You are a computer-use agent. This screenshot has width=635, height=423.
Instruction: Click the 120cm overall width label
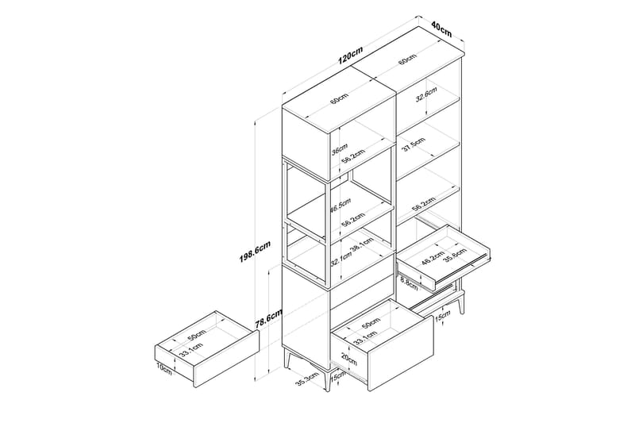[x=350, y=57]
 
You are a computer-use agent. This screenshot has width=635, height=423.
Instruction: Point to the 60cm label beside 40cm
[x=407, y=61]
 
